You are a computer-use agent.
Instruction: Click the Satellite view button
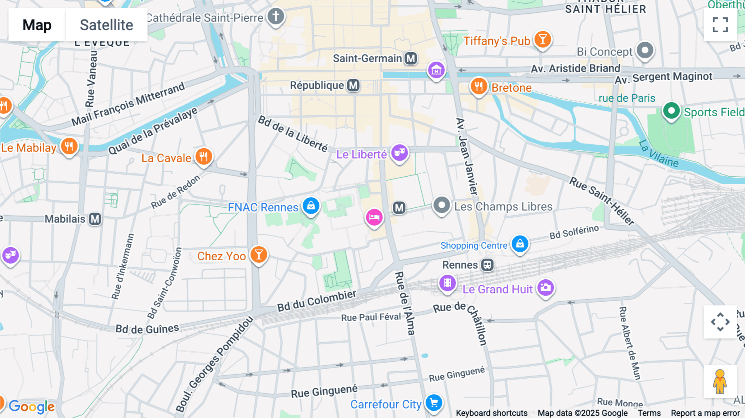(x=106, y=25)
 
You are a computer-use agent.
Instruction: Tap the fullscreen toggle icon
(x=720, y=25)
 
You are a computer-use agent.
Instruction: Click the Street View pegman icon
(x=720, y=381)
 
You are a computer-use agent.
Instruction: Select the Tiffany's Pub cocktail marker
(x=542, y=40)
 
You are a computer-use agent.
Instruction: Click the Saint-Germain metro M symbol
(x=411, y=58)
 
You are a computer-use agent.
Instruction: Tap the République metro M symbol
(x=353, y=85)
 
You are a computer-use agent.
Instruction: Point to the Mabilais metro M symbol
(x=95, y=219)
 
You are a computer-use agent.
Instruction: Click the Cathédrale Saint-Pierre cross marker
(x=276, y=17)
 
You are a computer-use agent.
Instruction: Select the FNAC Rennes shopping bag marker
(x=311, y=205)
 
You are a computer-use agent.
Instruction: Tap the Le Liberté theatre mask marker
(x=399, y=153)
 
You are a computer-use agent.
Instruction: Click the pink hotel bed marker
(x=374, y=217)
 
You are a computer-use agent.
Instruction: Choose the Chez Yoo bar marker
(x=259, y=255)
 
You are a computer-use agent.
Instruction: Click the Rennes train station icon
(x=487, y=265)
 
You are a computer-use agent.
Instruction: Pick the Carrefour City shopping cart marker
(x=434, y=402)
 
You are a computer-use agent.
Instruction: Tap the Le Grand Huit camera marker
(x=546, y=287)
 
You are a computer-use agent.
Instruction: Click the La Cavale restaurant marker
(x=204, y=156)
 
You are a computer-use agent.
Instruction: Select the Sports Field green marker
(x=671, y=111)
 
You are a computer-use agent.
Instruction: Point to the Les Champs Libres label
(x=503, y=207)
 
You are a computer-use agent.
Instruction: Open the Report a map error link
(x=705, y=413)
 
